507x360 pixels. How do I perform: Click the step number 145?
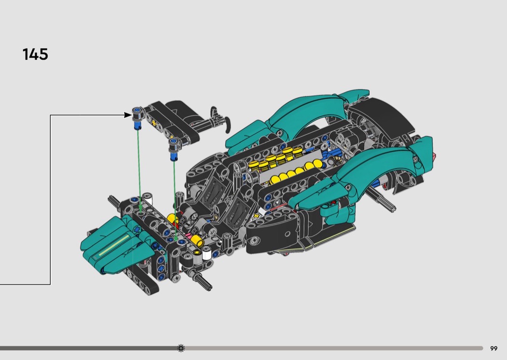pyautogui.click(x=35, y=55)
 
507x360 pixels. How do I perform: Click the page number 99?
pyautogui.click(x=493, y=348)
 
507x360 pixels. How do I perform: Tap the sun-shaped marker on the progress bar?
pyautogui.click(x=181, y=348)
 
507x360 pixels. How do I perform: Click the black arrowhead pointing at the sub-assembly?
pyautogui.click(x=128, y=115)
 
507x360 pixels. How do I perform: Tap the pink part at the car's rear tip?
pyautogui.click(x=435, y=157)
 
